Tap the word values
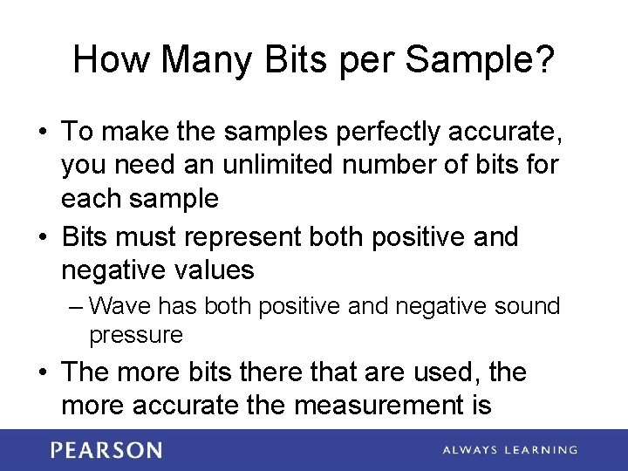215,270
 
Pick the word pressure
136,335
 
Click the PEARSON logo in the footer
106,450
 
